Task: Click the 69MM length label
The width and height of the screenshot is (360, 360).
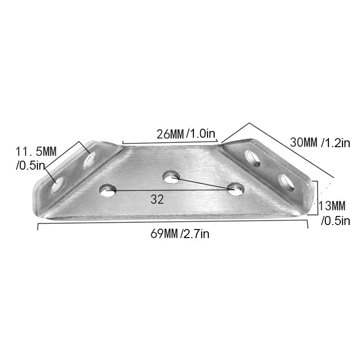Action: tap(163, 234)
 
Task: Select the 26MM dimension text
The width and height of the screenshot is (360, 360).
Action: tap(170, 134)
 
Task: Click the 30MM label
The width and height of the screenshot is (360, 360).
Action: tap(304, 143)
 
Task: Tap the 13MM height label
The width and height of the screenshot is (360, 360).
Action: tap(332, 207)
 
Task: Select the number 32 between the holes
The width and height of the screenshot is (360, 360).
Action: tap(157, 200)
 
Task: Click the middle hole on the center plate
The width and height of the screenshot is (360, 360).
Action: tap(171, 177)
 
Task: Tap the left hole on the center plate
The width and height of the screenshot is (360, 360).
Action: tap(108, 190)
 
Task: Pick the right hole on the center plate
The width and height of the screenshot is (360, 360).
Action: tap(235, 189)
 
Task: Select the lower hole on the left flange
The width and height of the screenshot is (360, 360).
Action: tap(58, 185)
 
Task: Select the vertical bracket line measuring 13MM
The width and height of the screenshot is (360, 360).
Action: tap(317, 198)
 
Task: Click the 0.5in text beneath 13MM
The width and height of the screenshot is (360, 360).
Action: tap(335, 220)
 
